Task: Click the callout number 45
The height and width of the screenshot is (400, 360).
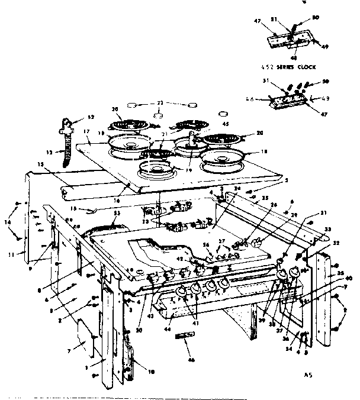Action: [209, 124]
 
